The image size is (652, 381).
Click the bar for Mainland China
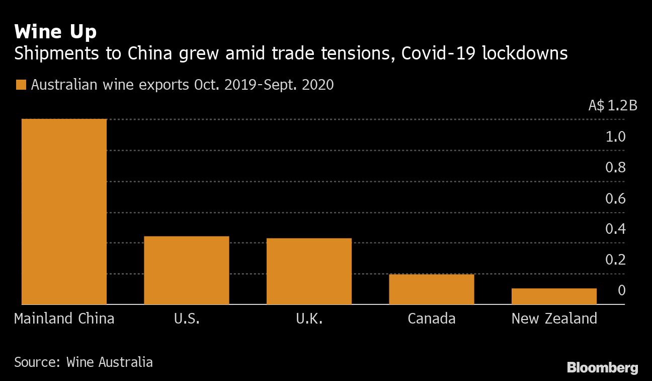[x=64, y=212]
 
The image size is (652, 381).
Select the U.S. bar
[x=186, y=270]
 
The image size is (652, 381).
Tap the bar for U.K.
[x=309, y=271]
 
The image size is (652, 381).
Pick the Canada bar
[x=431, y=289]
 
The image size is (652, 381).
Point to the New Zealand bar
[x=554, y=296]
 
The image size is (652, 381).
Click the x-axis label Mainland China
[x=64, y=319]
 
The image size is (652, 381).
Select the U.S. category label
[x=187, y=319]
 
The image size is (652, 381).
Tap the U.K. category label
[x=309, y=319]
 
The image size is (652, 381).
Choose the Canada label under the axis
[x=431, y=319]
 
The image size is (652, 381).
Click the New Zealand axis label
[x=554, y=319]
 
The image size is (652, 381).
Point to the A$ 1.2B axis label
[x=612, y=106]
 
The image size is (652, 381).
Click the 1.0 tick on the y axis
[x=615, y=137]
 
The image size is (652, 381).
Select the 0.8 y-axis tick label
[x=615, y=167]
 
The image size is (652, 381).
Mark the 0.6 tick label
[x=615, y=199]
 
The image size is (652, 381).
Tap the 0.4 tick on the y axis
[x=615, y=229]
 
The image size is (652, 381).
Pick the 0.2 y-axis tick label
[x=615, y=260]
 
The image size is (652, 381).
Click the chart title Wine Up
[x=55, y=32]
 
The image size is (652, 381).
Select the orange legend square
[x=20, y=85]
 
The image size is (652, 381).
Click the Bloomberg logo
[x=602, y=367]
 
